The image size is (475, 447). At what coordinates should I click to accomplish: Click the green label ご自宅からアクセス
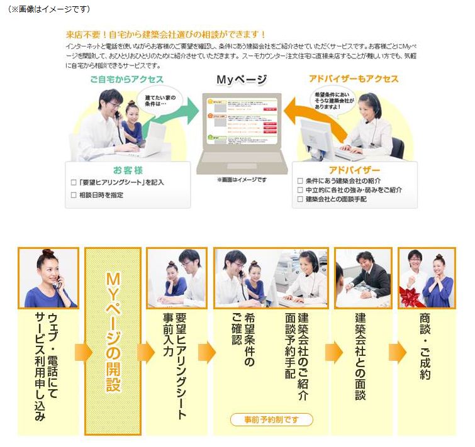pyautogui.click(x=126, y=79)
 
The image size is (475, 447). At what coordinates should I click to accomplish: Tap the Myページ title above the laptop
pyautogui.click(x=241, y=80)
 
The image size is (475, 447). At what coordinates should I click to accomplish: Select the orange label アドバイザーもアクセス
pyautogui.click(x=354, y=79)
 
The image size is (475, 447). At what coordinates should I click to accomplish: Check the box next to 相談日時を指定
pyautogui.click(x=74, y=195)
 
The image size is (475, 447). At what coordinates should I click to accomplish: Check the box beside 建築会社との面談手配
pyautogui.click(x=300, y=199)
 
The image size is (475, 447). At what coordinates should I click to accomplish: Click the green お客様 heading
pyautogui.click(x=128, y=170)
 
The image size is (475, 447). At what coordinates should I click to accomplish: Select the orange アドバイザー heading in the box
pyautogui.click(x=354, y=170)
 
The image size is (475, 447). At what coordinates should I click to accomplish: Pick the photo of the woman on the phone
pyautogui.click(x=48, y=277)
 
